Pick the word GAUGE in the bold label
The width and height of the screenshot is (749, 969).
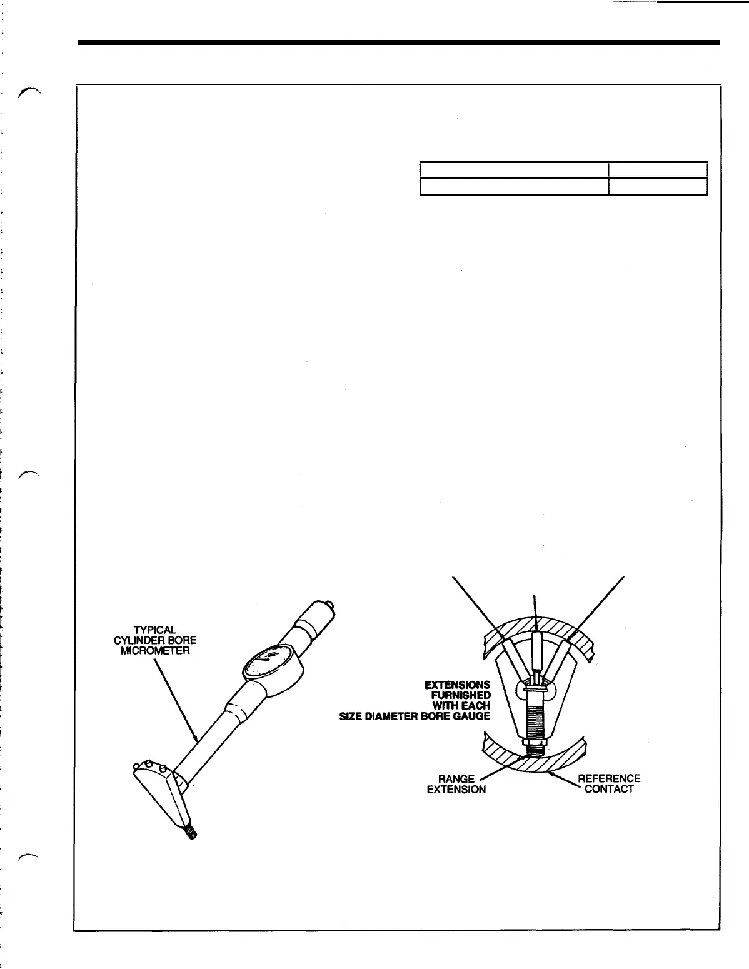[473, 716]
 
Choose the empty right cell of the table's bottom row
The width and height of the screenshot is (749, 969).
[658, 186]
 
